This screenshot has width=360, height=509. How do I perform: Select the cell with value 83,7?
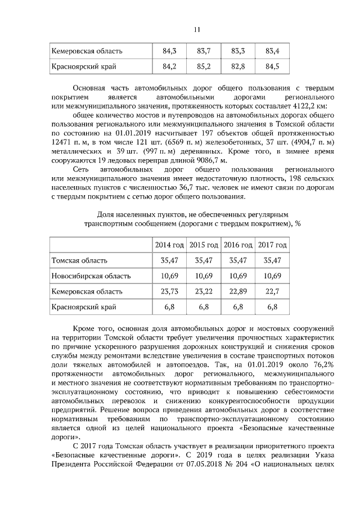pyautogui.click(x=204, y=51)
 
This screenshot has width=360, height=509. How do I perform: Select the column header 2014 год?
pyautogui.click(x=169, y=245)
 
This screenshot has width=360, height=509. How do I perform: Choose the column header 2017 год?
pyautogui.click(x=272, y=245)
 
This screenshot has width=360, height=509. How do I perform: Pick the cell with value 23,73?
pyautogui.click(x=169, y=291)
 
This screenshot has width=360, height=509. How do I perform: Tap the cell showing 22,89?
pyautogui.click(x=238, y=291)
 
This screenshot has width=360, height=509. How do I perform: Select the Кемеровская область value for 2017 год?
pyautogui.click(x=272, y=291)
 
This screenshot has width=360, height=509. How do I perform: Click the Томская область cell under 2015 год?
pyautogui.click(x=204, y=260)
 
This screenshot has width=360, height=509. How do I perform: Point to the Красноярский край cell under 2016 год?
pyautogui.click(x=238, y=307)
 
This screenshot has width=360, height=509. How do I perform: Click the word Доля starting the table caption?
pyautogui.click(x=107, y=214)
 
